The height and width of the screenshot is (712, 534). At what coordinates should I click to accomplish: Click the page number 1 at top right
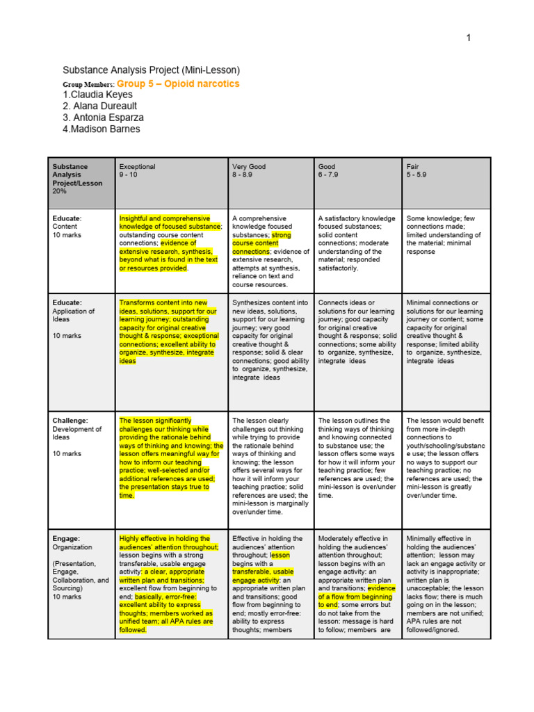point(469,38)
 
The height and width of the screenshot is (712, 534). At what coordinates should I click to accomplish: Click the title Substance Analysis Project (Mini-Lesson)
point(151,70)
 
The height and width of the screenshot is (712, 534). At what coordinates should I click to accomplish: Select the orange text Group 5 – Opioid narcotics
point(182,83)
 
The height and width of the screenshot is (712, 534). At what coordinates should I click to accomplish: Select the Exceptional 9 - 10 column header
point(138,171)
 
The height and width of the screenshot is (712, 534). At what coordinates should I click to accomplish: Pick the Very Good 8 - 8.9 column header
point(249,171)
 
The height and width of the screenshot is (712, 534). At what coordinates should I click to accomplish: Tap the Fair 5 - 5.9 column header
point(416,171)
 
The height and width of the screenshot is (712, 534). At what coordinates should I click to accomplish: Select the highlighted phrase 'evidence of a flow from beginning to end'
point(356,597)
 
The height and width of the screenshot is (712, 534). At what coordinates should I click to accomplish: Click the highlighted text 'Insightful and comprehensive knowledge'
point(171,222)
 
